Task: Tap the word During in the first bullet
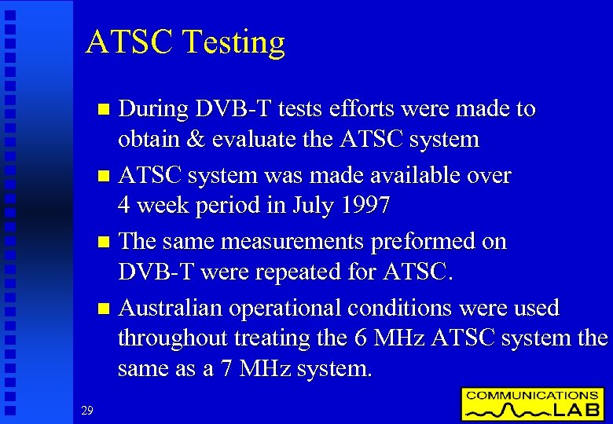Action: (154, 109)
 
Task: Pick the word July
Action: (312, 206)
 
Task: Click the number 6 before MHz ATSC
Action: (360, 338)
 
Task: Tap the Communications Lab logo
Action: (533, 404)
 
